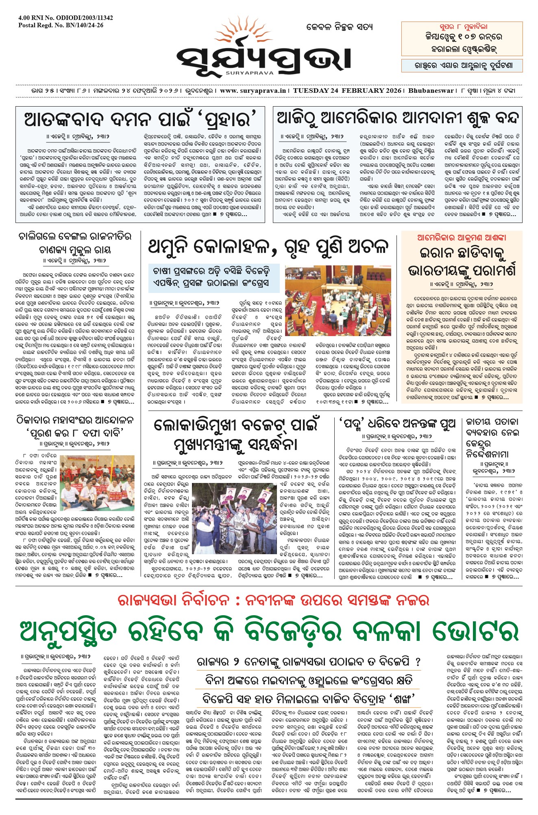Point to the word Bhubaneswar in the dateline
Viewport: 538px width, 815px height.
pyautogui.click(x=431, y=91)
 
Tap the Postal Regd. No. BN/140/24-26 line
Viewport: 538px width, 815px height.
pyautogui.click(x=61, y=25)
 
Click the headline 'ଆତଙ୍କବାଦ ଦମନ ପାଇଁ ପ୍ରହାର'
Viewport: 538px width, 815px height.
pyautogui.click(x=141, y=120)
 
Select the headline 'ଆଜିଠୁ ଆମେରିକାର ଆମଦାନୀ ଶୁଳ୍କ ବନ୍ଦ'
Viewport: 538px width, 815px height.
pyautogui.click(x=397, y=119)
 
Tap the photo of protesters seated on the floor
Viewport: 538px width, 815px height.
pyautogui.click(x=97, y=483)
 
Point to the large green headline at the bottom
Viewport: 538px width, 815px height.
pyautogui.click(x=269, y=632)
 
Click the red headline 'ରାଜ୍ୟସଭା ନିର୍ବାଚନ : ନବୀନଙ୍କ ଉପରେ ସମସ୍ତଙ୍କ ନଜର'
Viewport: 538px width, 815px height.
pyautogui.click(x=273, y=600)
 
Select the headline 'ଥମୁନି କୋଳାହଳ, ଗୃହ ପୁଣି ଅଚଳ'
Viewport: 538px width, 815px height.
pyautogui.click(x=268, y=247)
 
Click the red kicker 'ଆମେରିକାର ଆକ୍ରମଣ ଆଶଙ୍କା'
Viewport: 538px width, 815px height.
pyautogui.click(x=462, y=238)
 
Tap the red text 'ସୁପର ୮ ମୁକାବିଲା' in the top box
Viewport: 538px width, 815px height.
pyautogui.click(x=463, y=27)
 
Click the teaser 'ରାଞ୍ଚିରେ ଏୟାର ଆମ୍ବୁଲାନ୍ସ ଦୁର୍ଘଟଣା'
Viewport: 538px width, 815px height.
pyautogui.click(x=463, y=65)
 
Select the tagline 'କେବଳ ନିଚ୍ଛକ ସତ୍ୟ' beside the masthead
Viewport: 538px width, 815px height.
pyautogui.click(x=339, y=27)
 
